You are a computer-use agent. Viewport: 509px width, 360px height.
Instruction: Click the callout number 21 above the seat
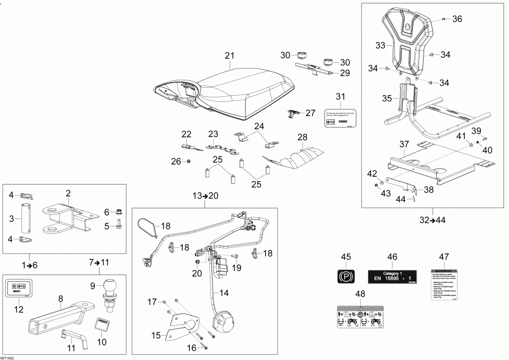(229, 55)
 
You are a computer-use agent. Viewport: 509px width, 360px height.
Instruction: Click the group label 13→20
(204, 196)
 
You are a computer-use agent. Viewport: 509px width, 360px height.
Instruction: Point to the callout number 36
(457, 19)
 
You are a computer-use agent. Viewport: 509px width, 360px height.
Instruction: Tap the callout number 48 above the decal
(360, 294)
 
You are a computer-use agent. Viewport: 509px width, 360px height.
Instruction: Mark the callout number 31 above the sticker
(340, 96)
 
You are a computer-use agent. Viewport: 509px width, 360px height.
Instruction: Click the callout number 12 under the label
(19, 309)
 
